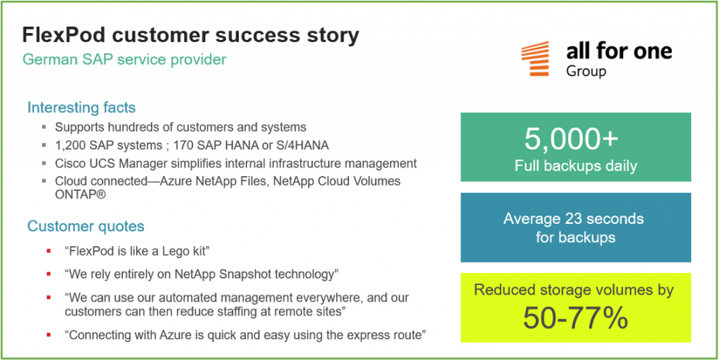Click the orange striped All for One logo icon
534,58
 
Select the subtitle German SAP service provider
124,60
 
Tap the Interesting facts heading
81,107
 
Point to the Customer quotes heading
86,226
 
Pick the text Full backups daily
576,166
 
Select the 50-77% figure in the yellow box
576,317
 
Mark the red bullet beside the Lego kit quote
48,251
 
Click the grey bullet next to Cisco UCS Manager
44,164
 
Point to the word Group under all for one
586,72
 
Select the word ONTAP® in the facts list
81,194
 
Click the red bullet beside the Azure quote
48,335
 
